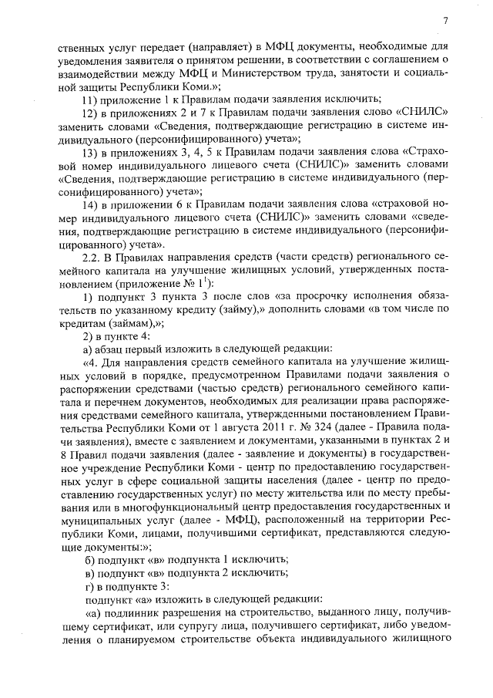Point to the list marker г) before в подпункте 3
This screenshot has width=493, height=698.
point(89,587)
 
